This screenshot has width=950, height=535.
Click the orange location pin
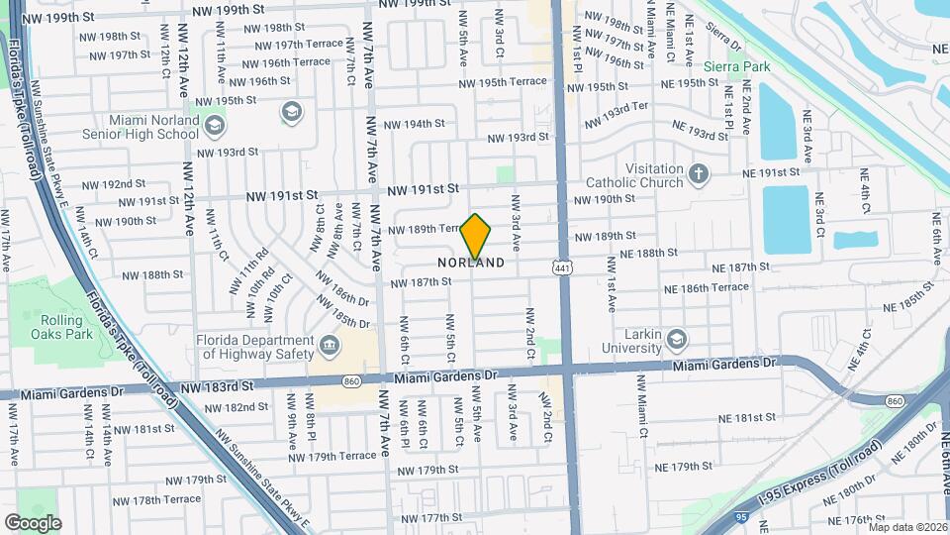(476, 236)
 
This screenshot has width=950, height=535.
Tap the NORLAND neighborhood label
(471, 264)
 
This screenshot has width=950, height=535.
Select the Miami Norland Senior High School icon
(291, 110)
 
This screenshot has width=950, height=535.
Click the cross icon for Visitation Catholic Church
(700, 174)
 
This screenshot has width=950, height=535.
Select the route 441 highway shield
(561, 267)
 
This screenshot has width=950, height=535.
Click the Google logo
(33, 522)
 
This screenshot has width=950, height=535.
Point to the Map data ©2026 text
(906, 526)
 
